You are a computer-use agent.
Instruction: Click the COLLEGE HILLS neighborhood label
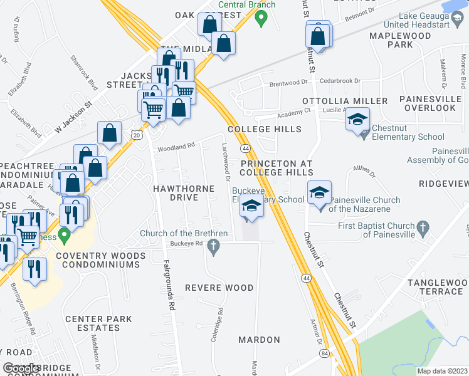(x=264, y=129)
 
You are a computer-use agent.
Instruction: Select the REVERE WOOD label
(x=219, y=288)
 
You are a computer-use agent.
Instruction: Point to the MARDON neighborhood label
(x=259, y=340)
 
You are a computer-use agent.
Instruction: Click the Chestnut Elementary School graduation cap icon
(x=357, y=119)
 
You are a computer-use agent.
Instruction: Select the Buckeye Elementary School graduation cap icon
(x=251, y=206)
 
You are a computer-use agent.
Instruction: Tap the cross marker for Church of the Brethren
(x=214, y=249)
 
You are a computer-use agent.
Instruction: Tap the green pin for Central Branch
(x=263, y=18)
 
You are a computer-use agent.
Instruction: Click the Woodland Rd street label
(x=176, y=147)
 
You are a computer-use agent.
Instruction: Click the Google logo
(x=21, y=368)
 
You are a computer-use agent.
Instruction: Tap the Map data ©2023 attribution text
(x=440, y=371)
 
